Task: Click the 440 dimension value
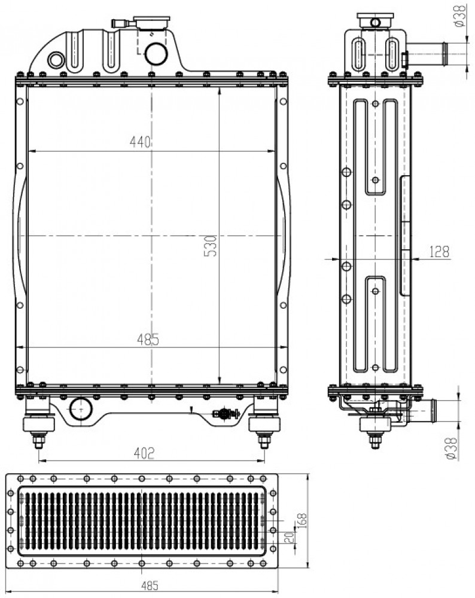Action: (141, 142)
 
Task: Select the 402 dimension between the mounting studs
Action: (144, 453)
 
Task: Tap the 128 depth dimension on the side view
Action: (440, 252)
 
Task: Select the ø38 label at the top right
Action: (460, 16)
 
